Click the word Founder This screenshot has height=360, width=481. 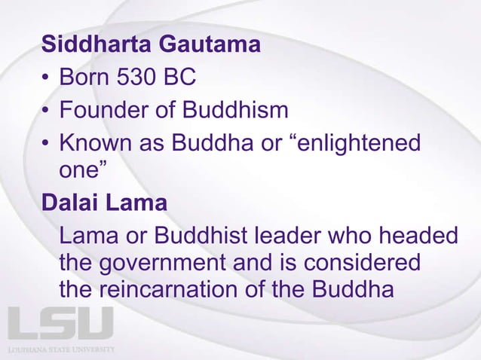tap(101, 111)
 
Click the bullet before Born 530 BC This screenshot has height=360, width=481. tap(47, 79)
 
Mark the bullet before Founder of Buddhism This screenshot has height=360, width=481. tap(47, 111)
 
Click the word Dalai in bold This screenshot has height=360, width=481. tap(70, 204)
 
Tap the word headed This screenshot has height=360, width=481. tap(419, 236)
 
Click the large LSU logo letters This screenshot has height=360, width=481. tap(60, 323)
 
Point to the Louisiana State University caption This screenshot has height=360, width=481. tap(61, 349)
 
